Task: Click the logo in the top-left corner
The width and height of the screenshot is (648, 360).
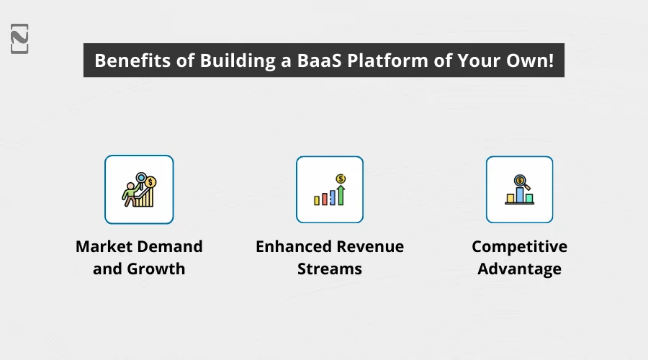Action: click(20, 38)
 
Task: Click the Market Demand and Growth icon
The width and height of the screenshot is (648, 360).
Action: click(139, 189)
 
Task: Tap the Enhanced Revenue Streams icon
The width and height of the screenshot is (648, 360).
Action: click(330, 189)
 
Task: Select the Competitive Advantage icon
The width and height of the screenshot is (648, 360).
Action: click(519, 189)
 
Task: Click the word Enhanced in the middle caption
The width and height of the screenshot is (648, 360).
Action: click(292, 246)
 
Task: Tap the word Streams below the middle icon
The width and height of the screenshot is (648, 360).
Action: click(330, 269)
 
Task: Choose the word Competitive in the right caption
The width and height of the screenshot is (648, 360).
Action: click(519, 246)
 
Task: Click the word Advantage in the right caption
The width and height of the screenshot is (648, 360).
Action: click(519, 269)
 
